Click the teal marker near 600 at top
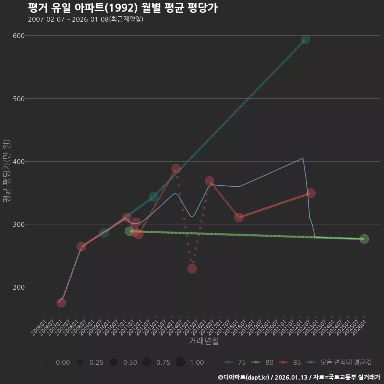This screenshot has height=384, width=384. click(x=306, y=39)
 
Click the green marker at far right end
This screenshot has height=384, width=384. click(x=364, y=239)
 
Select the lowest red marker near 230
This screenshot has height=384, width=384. click(x=192, y=269)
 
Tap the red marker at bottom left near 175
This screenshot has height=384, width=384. click(x=61, y=303)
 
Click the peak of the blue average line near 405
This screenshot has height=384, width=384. click(x=303, y=158)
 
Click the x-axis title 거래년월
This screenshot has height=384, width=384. click(x=204, y=341)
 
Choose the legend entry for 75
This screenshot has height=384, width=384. click(x=236, y=362)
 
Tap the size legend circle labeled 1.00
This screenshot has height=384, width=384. click(x=180, y=362)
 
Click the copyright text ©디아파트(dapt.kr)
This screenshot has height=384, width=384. click(x=244, y=377)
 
